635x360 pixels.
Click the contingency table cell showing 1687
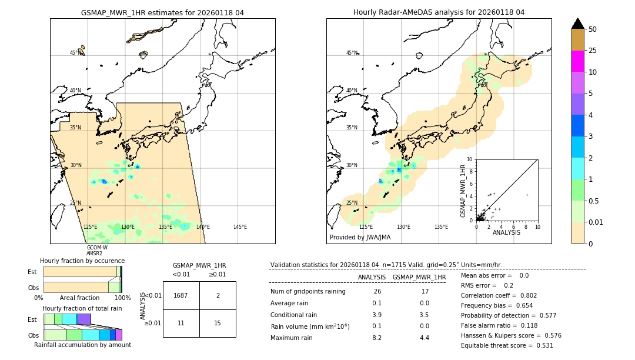[181, 295]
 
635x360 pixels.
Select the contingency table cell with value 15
[218, 323]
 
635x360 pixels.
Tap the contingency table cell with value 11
[181, 323]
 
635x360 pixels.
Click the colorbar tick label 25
[593, 51]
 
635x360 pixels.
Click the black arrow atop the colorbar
[578, 24]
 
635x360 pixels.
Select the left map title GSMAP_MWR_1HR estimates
[162, 12]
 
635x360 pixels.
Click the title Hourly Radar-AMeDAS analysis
[439, 12]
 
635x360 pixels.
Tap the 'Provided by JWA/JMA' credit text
[360, 238]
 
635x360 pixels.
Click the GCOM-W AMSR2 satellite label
[97, 251]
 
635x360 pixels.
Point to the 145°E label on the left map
[240, 227]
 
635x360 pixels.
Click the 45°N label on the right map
[352, 53]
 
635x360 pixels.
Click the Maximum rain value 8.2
[377, 338]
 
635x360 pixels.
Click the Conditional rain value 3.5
[425, 315]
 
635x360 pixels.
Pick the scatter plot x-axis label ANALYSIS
[506, 232]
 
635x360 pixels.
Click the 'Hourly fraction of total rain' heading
[82, 308]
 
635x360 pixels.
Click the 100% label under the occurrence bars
[122, 298]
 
